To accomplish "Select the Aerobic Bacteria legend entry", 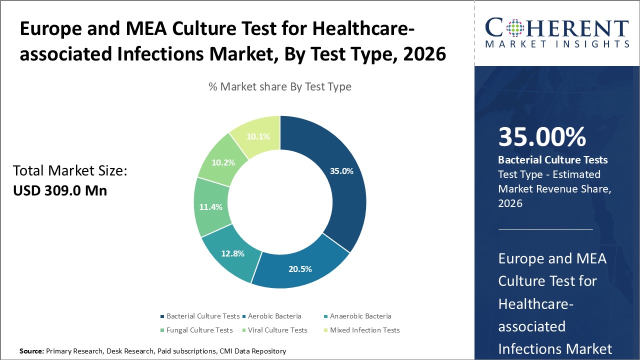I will click(x=274, y=316).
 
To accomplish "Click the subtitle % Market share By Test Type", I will click(x=280, y=86).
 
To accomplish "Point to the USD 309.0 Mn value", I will click(x=60, y=190).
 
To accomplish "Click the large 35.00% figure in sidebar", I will click(x=542, y=137).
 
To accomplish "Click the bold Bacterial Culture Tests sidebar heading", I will click(x=553, y=160).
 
